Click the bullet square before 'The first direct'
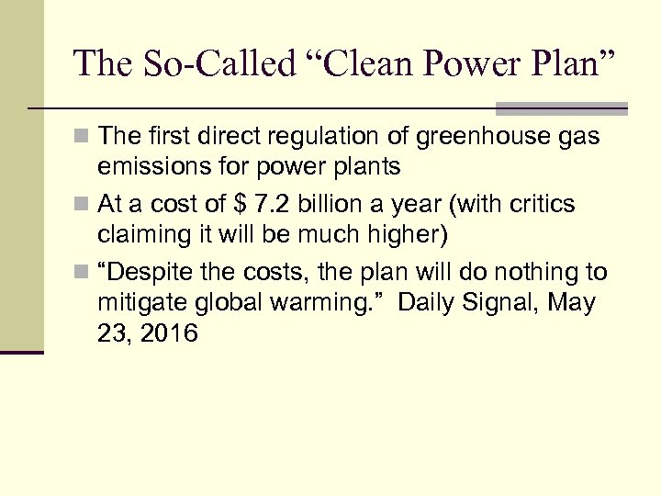83,138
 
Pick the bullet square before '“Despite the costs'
83,273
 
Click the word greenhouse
471,138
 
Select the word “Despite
142,273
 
